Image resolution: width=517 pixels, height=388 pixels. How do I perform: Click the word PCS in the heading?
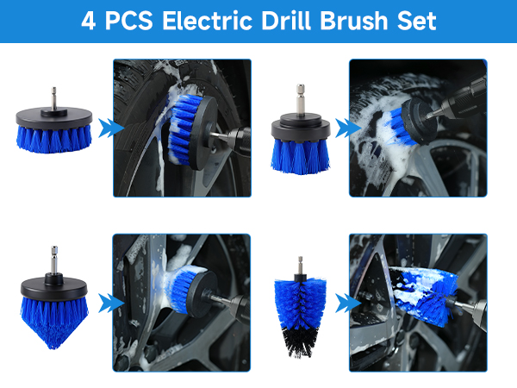[x=126, y=21]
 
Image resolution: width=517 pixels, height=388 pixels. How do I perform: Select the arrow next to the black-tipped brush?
[x=346, y=303]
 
